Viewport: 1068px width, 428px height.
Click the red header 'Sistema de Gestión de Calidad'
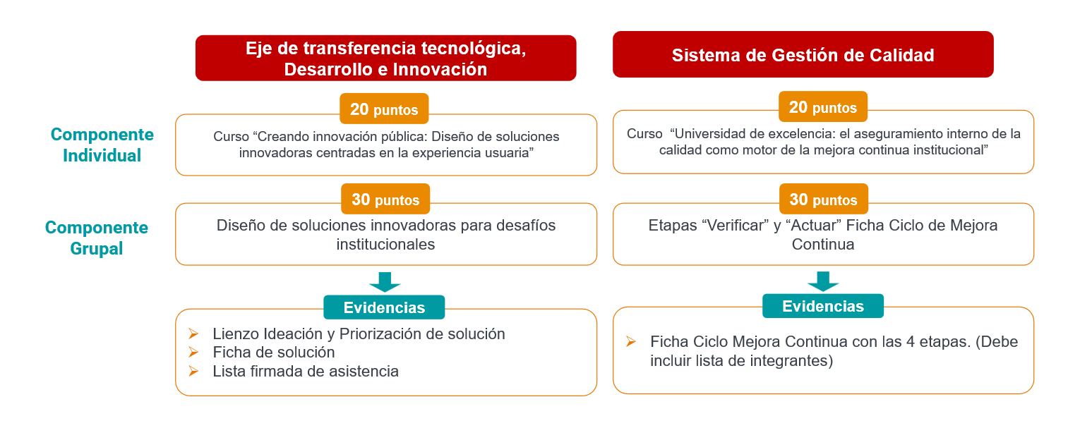point(803,54)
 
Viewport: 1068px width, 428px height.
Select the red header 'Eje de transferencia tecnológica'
point(385,58)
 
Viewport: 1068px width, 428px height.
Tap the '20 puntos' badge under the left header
point(384,109)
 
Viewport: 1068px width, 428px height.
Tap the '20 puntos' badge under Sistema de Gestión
point(823,107)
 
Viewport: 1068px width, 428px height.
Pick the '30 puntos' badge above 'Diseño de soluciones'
point(385,199)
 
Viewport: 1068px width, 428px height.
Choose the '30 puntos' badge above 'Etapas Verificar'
point(823,199)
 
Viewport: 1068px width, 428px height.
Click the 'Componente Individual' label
point(102,145)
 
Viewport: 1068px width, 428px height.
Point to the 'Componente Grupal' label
point(96,238)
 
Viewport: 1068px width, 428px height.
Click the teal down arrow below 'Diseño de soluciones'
point(385,282)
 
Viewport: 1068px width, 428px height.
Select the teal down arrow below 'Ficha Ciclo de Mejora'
point(823,281)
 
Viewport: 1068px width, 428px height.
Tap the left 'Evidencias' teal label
point(384,307)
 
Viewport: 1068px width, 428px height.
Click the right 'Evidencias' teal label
point(823,305)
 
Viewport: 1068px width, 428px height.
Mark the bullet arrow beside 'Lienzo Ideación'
point(193,334)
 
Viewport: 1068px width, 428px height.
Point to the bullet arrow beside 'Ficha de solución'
point(193,352)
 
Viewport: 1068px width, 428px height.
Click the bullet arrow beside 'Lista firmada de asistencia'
point(193,371)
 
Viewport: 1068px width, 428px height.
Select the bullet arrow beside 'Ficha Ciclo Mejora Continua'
point(631,341)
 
